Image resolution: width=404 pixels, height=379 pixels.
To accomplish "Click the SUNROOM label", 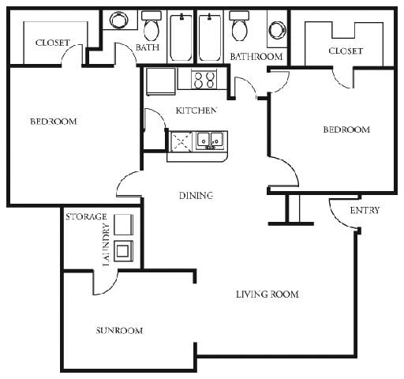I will click(120, 330).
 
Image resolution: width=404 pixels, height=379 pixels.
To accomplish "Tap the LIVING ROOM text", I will click(267, 295).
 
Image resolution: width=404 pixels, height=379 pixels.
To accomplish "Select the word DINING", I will click(196, 195).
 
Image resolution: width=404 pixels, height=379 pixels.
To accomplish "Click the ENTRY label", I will click(364, 210).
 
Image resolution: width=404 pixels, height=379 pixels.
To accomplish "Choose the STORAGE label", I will click(86, 216).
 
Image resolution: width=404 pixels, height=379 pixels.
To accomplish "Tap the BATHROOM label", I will click(256, 56).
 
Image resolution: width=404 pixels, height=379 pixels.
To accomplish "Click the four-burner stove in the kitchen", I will click(204, 79).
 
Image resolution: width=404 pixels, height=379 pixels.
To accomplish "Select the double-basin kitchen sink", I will click(210, 141).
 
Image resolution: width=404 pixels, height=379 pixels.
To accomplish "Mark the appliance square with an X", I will click(181, 141).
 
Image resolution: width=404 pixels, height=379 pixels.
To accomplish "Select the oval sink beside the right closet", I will click(276, 30).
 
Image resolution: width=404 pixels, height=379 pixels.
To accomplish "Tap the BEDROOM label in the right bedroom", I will click(346, 129).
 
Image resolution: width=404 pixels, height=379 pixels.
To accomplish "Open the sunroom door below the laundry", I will click(105, 283).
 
